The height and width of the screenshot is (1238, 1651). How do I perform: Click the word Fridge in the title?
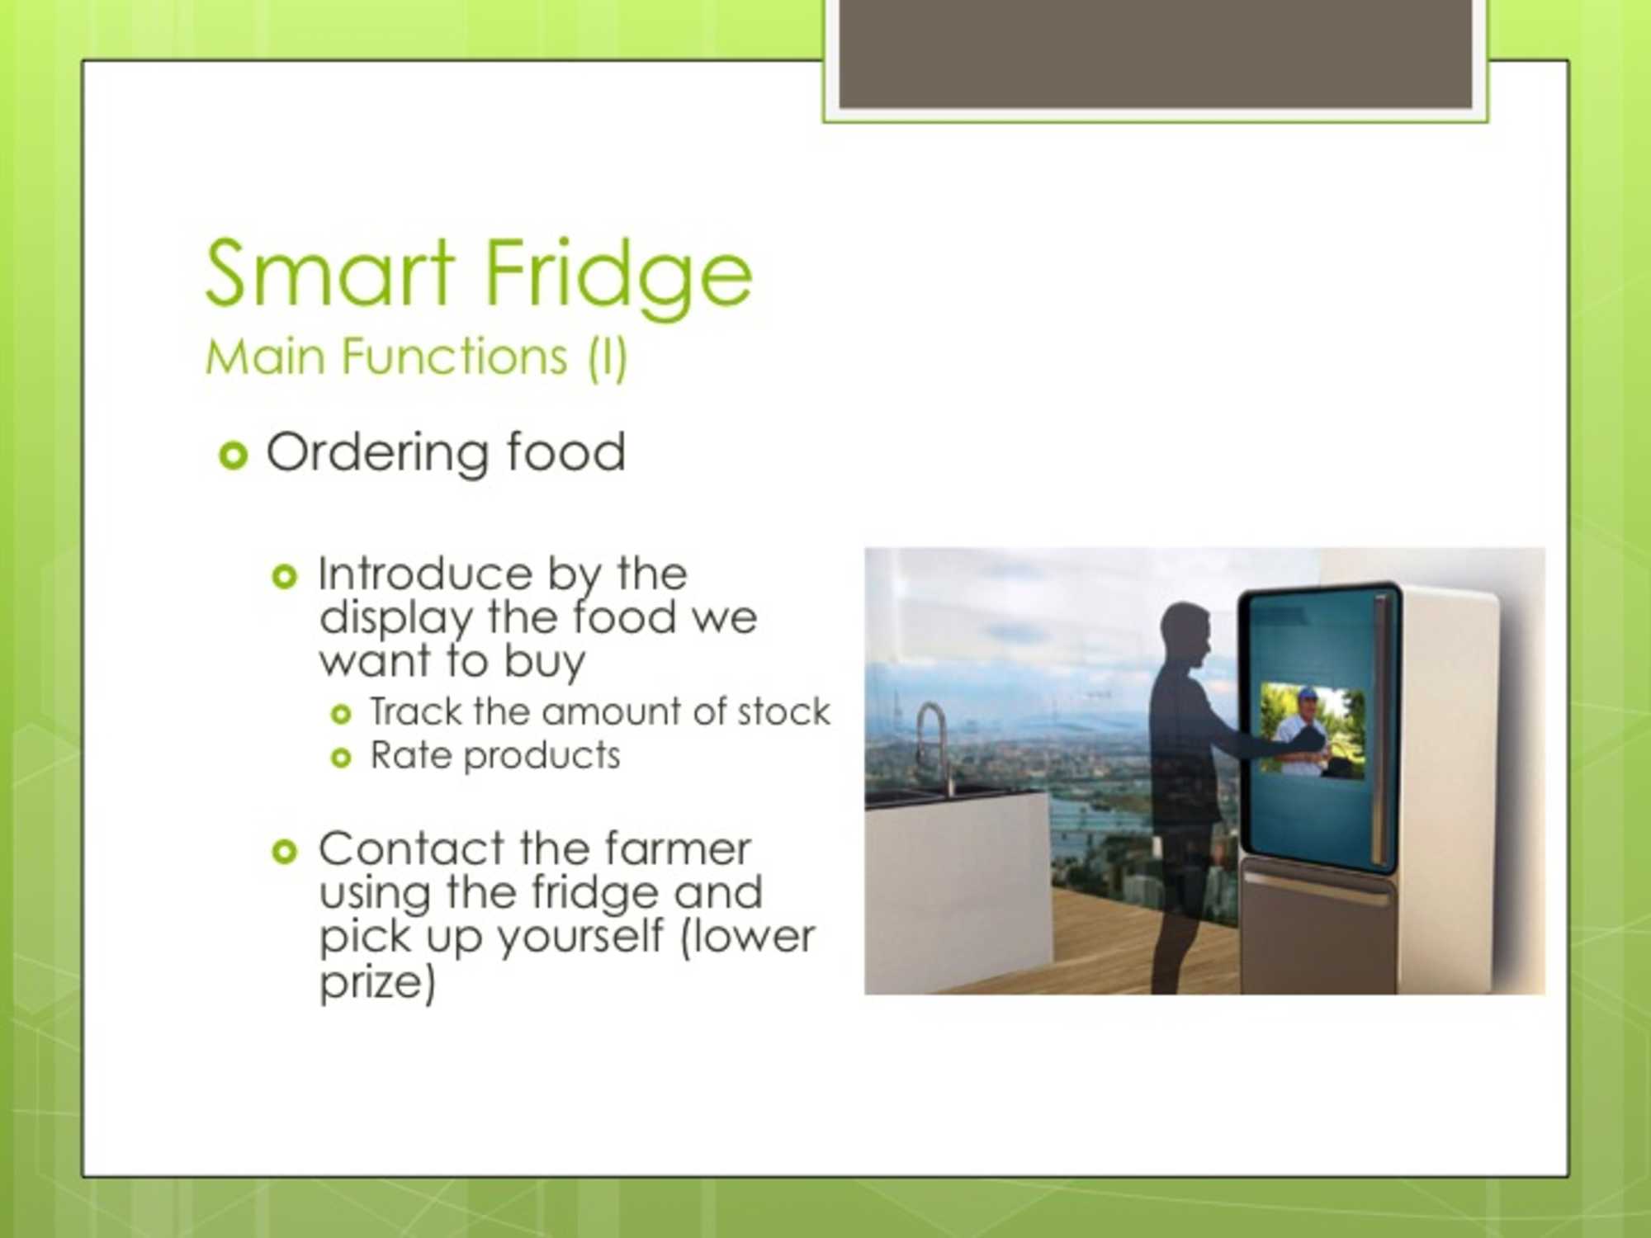(618, 278)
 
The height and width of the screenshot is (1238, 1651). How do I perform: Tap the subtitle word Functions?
(455, 357)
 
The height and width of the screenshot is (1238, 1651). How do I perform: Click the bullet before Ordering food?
(234, 456)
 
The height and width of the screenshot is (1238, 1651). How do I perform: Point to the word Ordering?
(376, 454)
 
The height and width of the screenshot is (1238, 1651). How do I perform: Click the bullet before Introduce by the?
(284, 576)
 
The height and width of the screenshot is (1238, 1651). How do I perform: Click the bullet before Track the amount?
(341, 714)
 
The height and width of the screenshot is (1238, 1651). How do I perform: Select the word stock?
(783, 711)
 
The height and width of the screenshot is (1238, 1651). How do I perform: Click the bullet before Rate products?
(341, 758)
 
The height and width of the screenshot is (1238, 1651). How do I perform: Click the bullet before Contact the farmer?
(284, 851)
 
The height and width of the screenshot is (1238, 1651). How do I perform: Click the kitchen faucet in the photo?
(933, 747)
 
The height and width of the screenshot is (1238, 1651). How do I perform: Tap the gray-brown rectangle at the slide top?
(1155, 53)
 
